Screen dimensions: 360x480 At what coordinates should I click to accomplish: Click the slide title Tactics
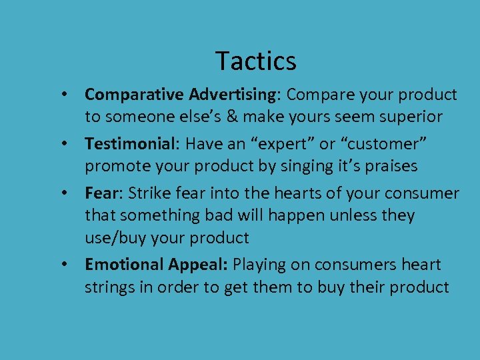pos(256,61)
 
